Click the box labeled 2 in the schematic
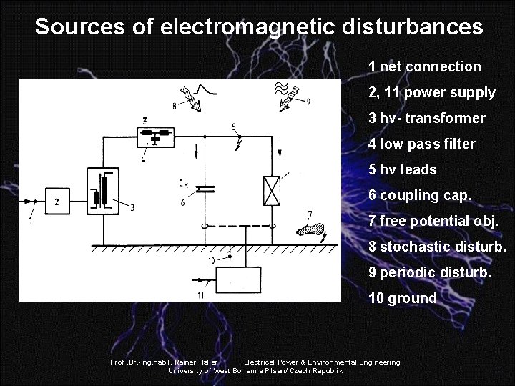click(x=57, y=202)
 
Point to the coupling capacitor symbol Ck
click(x=205, y=189)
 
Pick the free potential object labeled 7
click(x=309, y=229)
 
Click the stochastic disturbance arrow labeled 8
click(x=191, y=97)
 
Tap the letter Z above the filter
click(x=145, y=119)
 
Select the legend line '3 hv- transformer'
click(x=426, y=118)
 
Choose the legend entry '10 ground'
click(x=402, y=298)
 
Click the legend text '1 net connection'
click(x=424, y=66)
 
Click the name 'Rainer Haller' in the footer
click(x=195, y=362)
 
